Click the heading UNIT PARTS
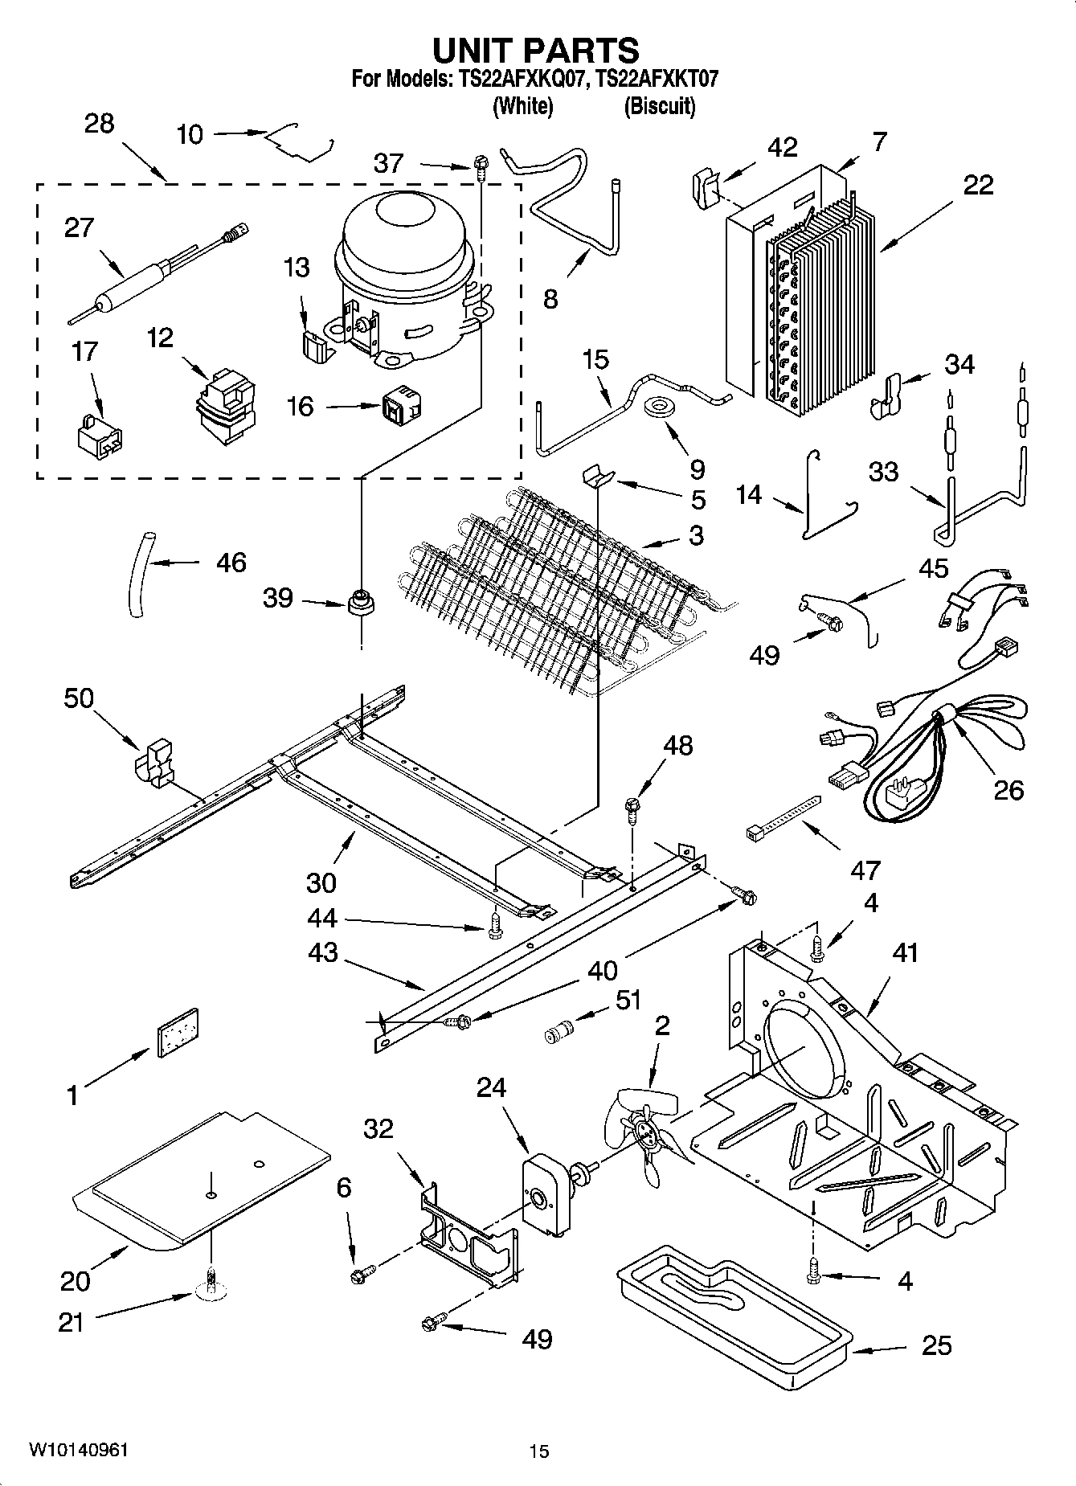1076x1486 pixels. (x=536, y=51)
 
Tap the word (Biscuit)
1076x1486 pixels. (x=659, y=106)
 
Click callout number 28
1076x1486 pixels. (x=99, y=124)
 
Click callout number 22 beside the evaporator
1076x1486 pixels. (x=978, y=185)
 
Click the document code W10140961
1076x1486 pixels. (x=78, y=1450)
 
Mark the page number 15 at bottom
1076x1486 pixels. (x=538, y=1451)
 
